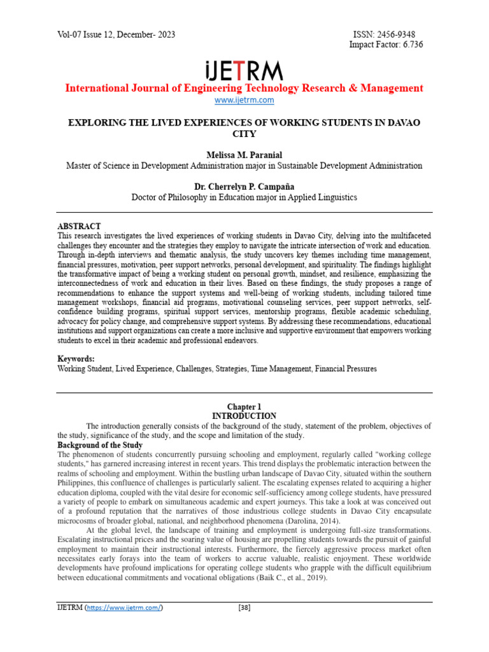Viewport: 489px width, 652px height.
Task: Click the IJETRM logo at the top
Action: pyautogui.click(x=244, y=70)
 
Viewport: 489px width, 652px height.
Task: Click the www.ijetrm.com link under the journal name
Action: pyautogui.click(x=244, y=100)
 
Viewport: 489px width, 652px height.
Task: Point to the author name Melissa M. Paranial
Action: pyautogui.click(x=244, y=155)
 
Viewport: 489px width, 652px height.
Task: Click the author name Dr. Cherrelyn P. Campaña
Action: pyautogui.click(x=244, y=187)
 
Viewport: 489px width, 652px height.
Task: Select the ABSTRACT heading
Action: pyautogui.click(x=79, y=226)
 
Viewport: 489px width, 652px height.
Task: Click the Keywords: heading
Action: pyautogui.click(x=76, y=358)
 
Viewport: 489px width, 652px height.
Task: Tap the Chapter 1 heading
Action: pyautogui.click(x=244, y=406)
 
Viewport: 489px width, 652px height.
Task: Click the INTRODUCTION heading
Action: pyautogui.click(x=244, y=416)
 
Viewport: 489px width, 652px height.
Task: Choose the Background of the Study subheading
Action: pyautogui.click(x=100, y=444)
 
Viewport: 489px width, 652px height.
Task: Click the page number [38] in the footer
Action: pyautogui.click(x=244, y=607)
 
